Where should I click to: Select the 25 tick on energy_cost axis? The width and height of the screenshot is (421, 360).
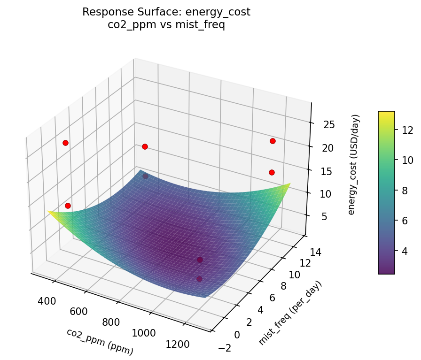pyautogui.click(x=329, y=125)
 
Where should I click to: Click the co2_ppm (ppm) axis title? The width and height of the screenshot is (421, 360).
pyautogui.click(x=100, y=342)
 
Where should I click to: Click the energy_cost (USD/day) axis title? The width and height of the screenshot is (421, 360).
pyautogui.click(x=356, y=164)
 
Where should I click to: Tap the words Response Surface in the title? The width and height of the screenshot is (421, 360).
pyautogui.click(x=132, y=12)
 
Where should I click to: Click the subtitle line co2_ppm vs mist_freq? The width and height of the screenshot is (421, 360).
pyautogui.click(x=166, y=25)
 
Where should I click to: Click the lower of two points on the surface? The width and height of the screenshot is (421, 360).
pyautogui.click(x=199, y=279)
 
